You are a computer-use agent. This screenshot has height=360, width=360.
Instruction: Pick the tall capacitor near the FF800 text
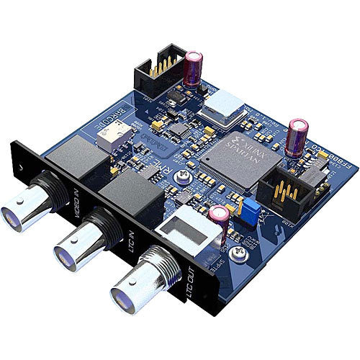point(295,138)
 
